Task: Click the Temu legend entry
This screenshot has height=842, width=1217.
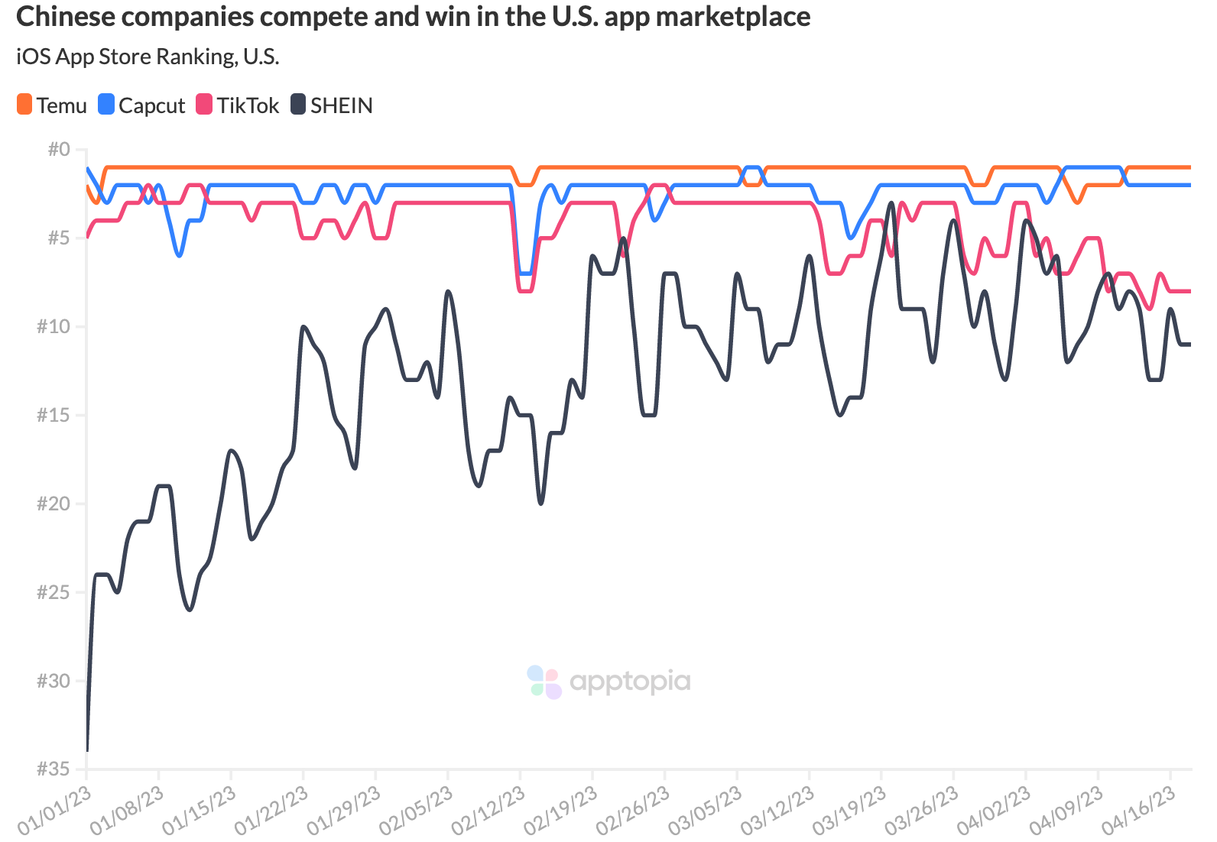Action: pos(52,105)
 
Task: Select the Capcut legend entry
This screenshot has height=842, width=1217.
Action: pos(142,105)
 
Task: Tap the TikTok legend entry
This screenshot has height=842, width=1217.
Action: pos(238,105)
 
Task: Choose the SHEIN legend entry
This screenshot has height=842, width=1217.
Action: pos(332,105)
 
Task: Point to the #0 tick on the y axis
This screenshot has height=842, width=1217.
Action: pos(59,149)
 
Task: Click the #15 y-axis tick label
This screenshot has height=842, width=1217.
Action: pos(54,415)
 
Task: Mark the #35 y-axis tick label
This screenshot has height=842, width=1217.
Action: pos(54,769)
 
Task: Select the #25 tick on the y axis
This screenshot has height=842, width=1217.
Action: pos(54,592)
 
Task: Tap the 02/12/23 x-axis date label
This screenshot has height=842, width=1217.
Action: pos(488,811)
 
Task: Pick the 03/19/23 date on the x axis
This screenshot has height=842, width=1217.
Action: pos(850,811)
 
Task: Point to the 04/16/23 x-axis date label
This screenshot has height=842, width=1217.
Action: pos(1139,811)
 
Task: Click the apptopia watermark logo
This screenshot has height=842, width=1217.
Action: pos(609,682)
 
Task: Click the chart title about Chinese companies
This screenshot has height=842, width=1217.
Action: pos(413,17)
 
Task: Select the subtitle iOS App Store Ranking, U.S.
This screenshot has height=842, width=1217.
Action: pos(148,57)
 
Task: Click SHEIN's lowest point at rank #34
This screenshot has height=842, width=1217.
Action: pos(87,750)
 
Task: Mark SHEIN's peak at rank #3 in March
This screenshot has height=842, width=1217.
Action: pos(891,203)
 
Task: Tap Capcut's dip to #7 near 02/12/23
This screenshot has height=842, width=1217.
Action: pos(525,273)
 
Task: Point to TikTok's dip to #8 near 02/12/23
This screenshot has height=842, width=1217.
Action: pos(525,291)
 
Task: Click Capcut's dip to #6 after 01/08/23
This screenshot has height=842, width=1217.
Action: pos(179,255)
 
